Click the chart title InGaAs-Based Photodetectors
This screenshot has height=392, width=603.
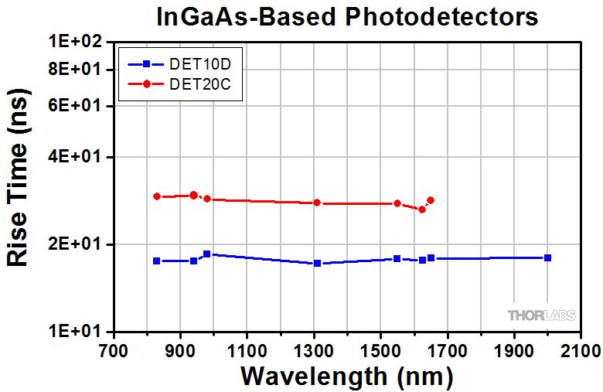(347, 17)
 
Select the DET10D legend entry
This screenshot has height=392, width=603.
(179, 64)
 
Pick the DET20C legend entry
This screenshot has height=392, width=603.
(179, 84)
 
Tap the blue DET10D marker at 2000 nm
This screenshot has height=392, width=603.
(547, 257)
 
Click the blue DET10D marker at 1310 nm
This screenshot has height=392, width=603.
(317, 263)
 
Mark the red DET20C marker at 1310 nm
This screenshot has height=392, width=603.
(317, 203)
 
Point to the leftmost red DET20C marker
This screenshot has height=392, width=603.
(157, 196)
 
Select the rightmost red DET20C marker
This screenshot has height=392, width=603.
(431, 200)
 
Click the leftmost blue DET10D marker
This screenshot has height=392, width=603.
(156, 261)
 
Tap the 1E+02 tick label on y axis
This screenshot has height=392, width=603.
(76, 41)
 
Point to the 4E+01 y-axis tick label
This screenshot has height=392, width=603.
(76, 157)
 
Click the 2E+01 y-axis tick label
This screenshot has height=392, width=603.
(76, 244)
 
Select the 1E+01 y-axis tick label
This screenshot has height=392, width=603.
(76, 330)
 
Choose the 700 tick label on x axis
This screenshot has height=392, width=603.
(114, 351)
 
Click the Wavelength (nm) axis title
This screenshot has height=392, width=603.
(347, 377)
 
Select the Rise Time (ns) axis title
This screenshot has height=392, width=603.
(18, 177)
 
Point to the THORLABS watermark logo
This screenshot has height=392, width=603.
(541, 315)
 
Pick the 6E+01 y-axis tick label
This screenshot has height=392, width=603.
(76, 105)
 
